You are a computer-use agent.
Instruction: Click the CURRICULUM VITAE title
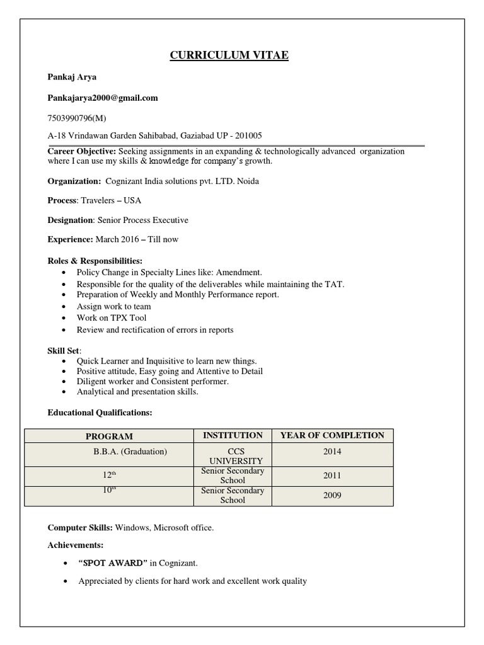(229, 56)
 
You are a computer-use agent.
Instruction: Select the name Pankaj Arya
(72, 77)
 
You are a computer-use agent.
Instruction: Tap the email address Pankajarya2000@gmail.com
(103, 98)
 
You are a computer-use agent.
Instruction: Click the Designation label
(71, 220)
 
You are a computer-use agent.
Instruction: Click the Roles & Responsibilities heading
(95, 260)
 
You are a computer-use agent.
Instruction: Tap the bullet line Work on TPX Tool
(111, 318)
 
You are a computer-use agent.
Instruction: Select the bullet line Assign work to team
(113, 307)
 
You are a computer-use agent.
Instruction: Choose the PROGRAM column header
(109, 437)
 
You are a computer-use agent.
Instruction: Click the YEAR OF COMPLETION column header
(332, 435)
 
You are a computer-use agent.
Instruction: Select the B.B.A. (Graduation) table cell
(130, 452)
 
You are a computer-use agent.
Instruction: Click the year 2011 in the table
(332, 476)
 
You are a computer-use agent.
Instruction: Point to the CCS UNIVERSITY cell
(233, 457)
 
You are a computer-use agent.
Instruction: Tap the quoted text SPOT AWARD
(113, 562)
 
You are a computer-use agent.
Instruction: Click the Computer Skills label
(80, 527)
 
